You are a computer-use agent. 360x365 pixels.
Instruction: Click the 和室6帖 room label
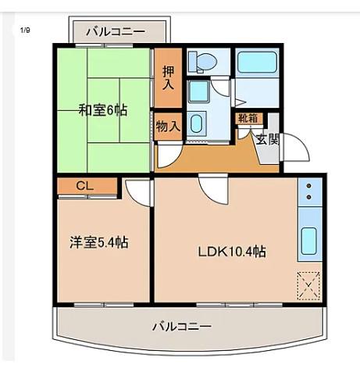pyautogui.click(x=103, y=110)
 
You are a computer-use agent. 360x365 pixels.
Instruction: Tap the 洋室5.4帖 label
pyautogui.click(x=99, y=242)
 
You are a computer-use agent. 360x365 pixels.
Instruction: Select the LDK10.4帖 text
pyautogui.click(x=232, y=252)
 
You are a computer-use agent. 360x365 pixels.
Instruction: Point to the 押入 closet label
pyautogui.click(x=168, y=78)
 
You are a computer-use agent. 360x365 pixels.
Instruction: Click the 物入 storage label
pyautogui.click(x=168, y=127)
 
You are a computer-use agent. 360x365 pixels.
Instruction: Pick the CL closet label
pyautogui.click(x=85, y=186)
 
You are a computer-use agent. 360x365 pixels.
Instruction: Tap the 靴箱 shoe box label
pyautogui.click(x=248, y=119)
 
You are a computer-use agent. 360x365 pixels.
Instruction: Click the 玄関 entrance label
pyautogui.click(x=268, y=139)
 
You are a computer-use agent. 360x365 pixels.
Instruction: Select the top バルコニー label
pyautogui.click(x=116, y=32)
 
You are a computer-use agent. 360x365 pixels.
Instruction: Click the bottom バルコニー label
pyautogui.click(x=182, y=326)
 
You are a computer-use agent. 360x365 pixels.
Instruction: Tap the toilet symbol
pyautogui.click(x=203, y=62)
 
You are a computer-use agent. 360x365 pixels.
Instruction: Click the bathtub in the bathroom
pyautogui.click(x=257, y=63)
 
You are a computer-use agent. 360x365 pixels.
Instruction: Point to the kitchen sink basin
pyautogui.click(x=309, y=241)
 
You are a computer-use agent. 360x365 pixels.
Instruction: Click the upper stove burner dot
pyautogui.click(x=309, y=186)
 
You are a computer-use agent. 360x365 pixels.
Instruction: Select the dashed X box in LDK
pyautogui.click(x=308, y=285)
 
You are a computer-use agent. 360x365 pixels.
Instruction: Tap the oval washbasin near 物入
pyautogui.click(x=196, y=124)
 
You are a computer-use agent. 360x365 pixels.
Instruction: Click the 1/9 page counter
pyautogui.click(x=25, y=30)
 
